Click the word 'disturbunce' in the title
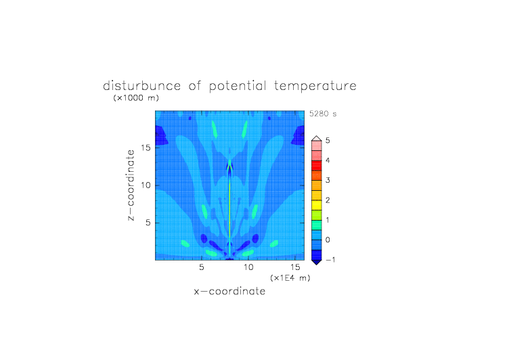141,86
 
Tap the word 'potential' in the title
238,87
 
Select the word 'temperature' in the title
315,87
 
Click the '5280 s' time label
323,114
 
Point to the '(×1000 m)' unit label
136,97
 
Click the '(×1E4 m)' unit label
290,278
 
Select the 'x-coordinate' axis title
230,291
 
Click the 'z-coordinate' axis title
131,185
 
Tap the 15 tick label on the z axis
146,148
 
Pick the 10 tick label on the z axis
146,185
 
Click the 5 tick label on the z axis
148,223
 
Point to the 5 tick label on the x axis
202,267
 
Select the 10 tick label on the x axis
248,267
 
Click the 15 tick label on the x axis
295,267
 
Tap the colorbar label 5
328,141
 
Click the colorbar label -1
330,260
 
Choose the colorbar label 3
328,180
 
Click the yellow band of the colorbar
317,205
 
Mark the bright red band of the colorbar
317,166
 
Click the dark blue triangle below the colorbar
317,262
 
